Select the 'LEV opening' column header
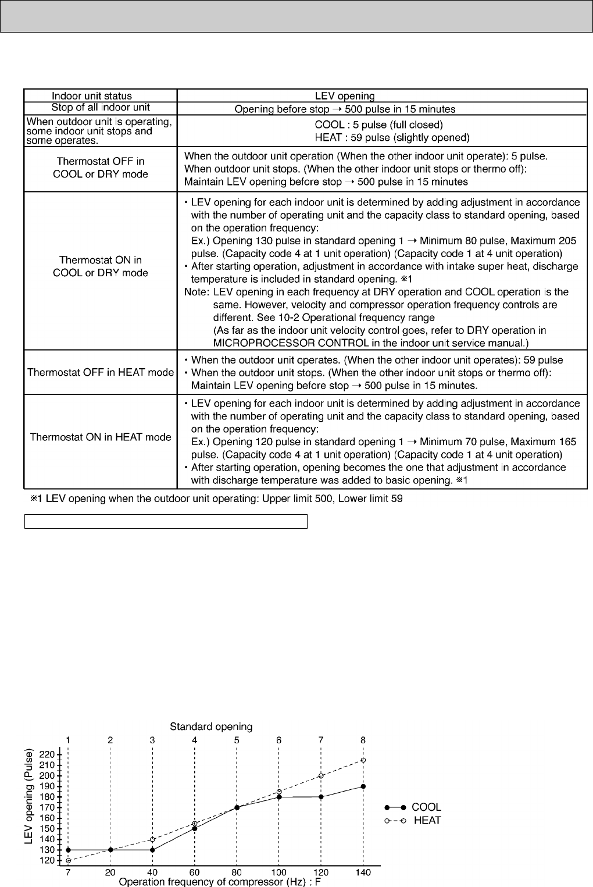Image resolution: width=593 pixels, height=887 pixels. (345, 96)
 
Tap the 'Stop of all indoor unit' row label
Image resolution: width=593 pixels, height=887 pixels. (101, 107)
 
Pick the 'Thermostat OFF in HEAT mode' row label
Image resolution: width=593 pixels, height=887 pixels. (101, 372)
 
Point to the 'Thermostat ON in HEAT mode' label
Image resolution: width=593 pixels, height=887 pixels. (101, 437)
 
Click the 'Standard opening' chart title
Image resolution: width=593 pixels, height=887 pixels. (211, 726)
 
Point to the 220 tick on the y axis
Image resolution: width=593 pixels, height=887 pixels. (47, 754)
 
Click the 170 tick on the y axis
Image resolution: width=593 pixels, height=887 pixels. (47, 807)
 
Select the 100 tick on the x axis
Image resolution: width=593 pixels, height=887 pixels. (279, 873)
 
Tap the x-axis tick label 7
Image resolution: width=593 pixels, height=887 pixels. (68, 873)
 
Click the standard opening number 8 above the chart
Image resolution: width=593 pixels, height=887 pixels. (363, 740)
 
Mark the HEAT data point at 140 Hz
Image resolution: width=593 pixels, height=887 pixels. (363, 760)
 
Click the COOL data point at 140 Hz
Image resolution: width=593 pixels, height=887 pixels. (363, 786)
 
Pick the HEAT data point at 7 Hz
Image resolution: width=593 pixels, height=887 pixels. (68, 860)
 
